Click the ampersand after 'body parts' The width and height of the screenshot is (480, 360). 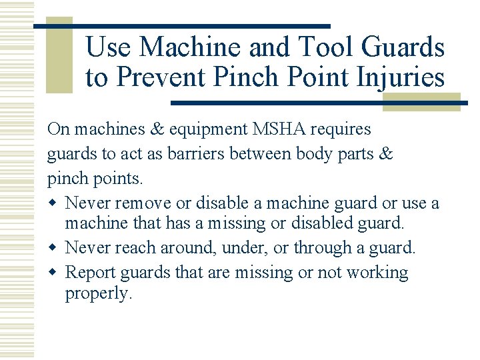coord(387,155)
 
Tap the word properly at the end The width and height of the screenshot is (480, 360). coord(99,294)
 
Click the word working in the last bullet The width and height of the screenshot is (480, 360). coord(375,273)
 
